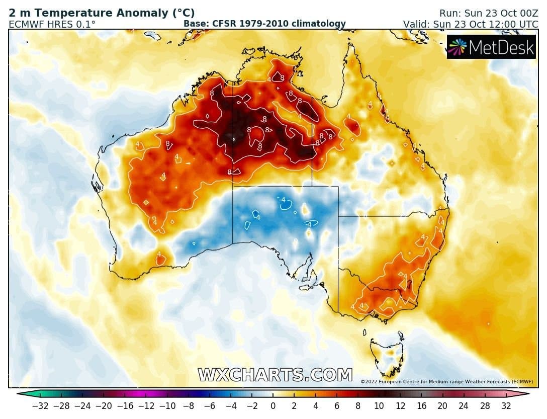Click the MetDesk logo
point(491,47)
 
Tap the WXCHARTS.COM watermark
point(276,375)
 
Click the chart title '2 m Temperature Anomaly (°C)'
point(102,13)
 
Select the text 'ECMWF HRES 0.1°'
point(52,24)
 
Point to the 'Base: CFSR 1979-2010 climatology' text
point(264,24)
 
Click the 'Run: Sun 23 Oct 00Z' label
point(488,14)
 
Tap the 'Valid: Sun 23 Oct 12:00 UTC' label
point(471,24)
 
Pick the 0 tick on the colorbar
point(273,406)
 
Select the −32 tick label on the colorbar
point(40,406)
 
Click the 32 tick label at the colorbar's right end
point(506,406)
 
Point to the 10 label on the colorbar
point(379,406)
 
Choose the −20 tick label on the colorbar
point(104,406)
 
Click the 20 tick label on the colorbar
point(442,406)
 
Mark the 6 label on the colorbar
point(337,406)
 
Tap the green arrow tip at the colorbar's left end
point(20,394)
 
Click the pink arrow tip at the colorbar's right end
point(525,394)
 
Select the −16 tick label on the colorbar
point(125,406)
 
